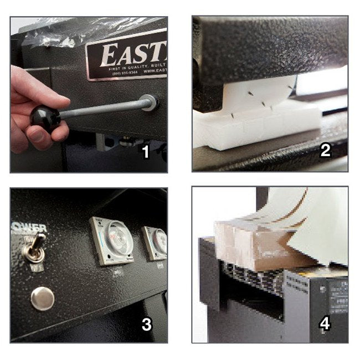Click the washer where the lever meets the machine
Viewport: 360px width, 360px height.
pos(149,102)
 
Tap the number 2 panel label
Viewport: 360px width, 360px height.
pos(325,151)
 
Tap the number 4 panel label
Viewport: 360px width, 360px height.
pos(325,323)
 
